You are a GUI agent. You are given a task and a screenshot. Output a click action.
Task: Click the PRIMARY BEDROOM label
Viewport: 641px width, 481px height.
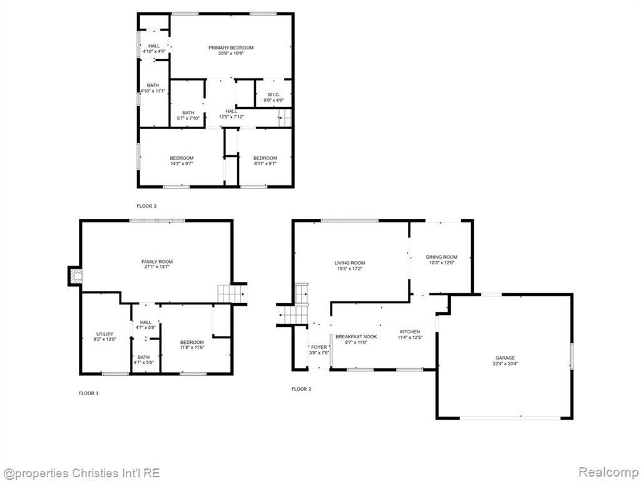click(231, 48)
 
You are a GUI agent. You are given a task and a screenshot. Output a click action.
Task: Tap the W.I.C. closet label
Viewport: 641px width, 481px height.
click(274, 95)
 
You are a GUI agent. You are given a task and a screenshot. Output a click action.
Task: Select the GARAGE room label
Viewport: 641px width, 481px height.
click(505, 358)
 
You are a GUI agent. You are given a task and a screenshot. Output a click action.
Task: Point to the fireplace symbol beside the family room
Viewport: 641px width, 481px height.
click(75, 276)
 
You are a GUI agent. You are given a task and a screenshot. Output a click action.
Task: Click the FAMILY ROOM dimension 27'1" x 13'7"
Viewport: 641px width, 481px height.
click(157, 267)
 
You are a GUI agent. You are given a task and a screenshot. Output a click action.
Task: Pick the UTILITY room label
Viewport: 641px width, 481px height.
click(105, 334)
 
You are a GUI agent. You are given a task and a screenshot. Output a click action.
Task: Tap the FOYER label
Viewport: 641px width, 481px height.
click(319, 347)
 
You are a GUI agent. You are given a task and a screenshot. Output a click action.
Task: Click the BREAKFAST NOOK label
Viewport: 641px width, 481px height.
click(356, 336)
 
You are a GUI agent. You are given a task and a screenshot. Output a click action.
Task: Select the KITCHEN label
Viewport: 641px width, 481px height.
click(409, 332)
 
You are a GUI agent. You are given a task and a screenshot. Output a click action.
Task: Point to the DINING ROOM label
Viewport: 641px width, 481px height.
click(441, 257)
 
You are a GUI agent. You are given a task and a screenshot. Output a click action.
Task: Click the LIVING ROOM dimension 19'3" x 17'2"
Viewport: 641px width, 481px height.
click(349, 269)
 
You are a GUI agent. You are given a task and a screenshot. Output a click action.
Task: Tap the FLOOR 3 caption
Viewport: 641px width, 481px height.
click(146, 206)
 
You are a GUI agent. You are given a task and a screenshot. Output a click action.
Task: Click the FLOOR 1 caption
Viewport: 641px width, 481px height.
click(89, 393)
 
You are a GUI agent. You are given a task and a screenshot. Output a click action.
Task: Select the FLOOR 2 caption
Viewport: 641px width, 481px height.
click(301, 389)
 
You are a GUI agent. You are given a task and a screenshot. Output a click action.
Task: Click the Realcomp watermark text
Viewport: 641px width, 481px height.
click(607, 472)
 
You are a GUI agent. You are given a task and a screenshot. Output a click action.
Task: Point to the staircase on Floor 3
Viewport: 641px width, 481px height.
click(285, 118)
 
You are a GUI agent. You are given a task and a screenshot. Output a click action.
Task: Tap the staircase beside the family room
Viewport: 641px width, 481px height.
click(232, 294)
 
